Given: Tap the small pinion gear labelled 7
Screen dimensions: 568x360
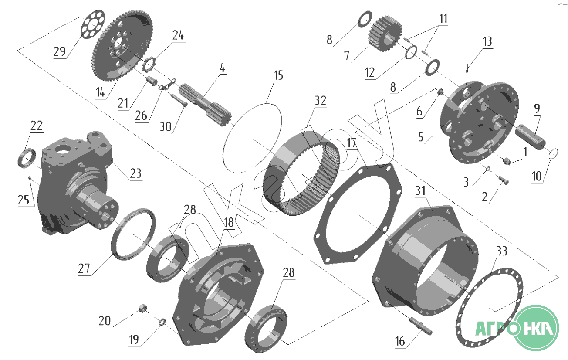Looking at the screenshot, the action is (x=382, y=31).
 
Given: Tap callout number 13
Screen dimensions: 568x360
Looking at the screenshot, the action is (x=487, y=41).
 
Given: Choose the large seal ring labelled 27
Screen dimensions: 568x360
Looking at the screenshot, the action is (x=134, y=234).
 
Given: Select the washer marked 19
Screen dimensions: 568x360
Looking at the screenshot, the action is (x=162, y=322).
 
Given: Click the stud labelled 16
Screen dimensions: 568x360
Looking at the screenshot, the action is (x=422, y=326).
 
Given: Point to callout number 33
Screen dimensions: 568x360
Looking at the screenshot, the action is (x=502, y=252).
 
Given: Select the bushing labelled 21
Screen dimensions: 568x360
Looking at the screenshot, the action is (x=151, y=82).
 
